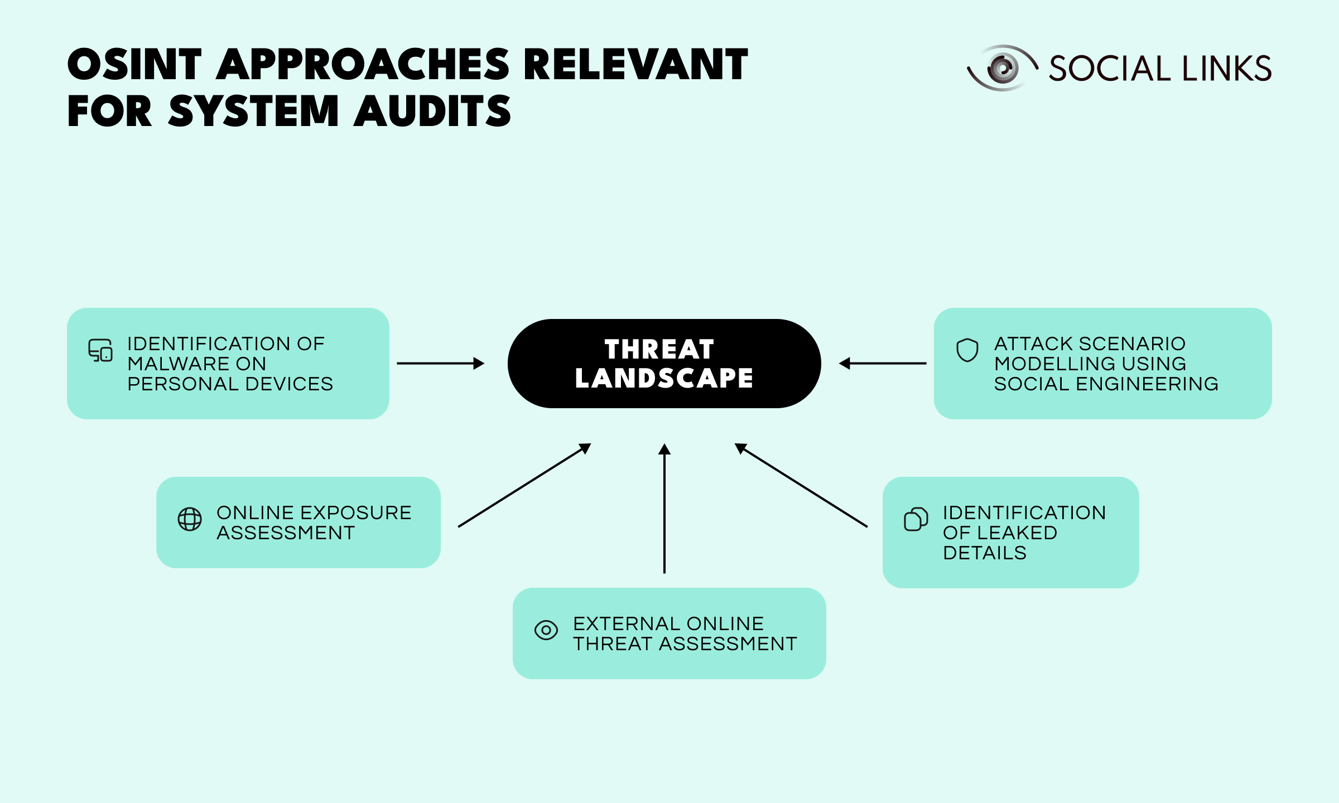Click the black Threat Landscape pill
tap(664, 364)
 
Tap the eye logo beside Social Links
tap(1002, 68)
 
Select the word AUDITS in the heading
tap(432, 111)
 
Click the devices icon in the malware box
tap(100, 351)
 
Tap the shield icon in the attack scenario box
tap(967, 350)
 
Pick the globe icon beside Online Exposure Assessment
tap(190, 519)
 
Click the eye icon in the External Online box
tap(546, 630)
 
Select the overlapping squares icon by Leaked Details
tap(916, 519)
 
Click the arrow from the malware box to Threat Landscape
tap(441, 364)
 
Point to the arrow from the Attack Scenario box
tap(883, 364)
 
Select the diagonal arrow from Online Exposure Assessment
tap(524, 485)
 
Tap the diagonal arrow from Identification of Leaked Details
tap(801, 485)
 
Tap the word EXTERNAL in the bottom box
tap(619, 624)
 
